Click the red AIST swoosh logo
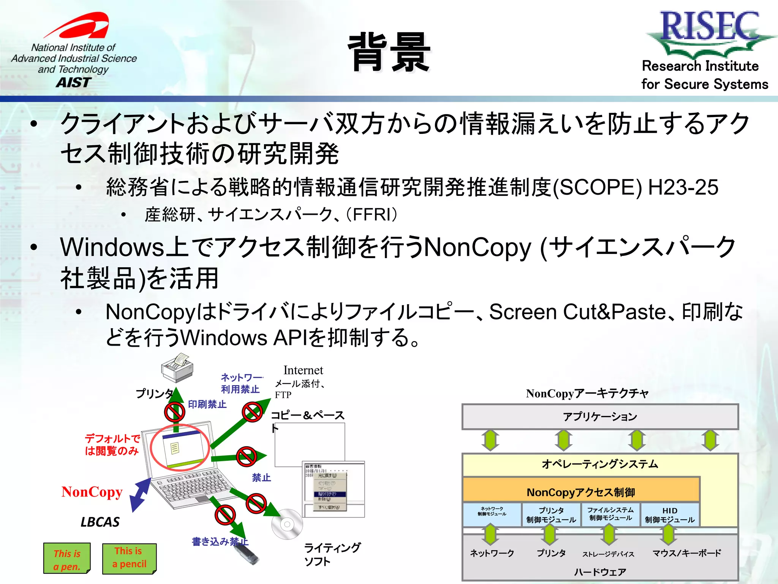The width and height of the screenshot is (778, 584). coord(80,26)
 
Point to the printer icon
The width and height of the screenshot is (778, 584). coord(177,368)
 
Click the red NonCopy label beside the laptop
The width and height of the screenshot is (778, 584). coord(92,492)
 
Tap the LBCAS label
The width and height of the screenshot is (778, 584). coord(100,522)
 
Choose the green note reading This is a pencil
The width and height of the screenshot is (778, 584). coord(129,558)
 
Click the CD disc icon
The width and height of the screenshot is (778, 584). coord(287,524)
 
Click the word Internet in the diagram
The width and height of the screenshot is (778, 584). coord(303,370)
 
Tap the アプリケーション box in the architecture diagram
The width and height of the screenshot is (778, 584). coord(599,417)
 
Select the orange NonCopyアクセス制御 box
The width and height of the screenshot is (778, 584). coord(580,492)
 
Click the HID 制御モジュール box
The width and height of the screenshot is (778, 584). coord(669,515)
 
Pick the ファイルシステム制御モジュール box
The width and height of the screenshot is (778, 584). coord(610,514)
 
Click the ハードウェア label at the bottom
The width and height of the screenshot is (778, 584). coord(600,572)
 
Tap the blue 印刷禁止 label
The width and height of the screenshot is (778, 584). coord(207,404)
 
